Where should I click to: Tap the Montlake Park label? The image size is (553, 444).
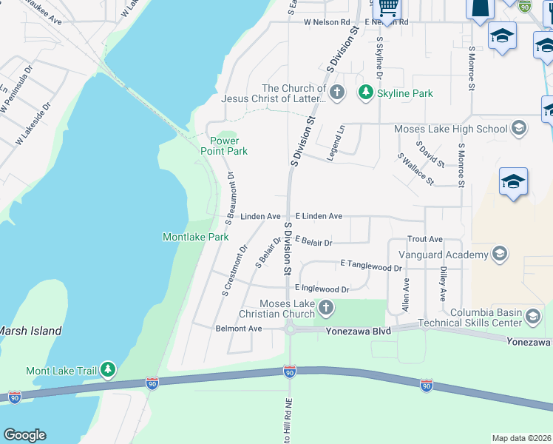click(195, 237)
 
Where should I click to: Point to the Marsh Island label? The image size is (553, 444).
click(30, 331)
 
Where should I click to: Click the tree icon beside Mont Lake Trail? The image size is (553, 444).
click(108, 369)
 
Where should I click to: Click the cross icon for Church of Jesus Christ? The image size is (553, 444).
click(337, 92)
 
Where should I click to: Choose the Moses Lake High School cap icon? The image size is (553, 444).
click(518, 129)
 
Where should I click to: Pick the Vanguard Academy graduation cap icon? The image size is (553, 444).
click(499, 255)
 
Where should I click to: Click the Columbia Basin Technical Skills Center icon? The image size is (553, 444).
click(532, 317)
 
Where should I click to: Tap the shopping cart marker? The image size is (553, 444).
click(388, 7)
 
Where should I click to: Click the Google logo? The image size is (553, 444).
click(24, 435)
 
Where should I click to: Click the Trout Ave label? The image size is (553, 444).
click(424, 239)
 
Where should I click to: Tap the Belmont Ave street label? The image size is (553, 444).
click(238, 328)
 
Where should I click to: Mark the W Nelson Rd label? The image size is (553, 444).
click(325, 22)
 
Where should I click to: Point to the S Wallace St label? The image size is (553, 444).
click(416, 169)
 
